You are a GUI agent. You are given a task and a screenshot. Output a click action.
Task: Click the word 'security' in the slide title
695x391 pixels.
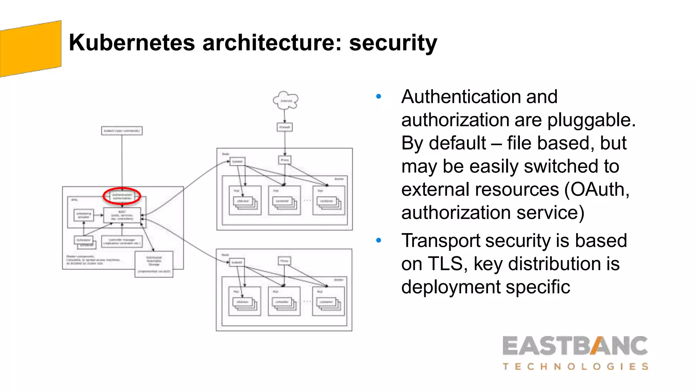[x=393, y=43]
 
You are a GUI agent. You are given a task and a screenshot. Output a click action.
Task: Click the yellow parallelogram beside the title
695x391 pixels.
[x=31, y=49]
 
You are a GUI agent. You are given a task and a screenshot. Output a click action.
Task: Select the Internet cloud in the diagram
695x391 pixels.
[x=286, y=100]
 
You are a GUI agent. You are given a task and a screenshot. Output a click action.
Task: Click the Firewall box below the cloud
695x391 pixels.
[x=285, y=127]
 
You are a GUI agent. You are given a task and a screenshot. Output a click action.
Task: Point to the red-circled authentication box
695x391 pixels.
[x=122, y=196]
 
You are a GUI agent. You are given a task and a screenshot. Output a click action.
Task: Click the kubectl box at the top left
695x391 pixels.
[x=122, y=131]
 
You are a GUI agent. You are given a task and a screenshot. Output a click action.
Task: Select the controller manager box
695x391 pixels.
[x=122, y=241]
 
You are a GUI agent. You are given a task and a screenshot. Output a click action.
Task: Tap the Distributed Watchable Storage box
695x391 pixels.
[x=154, y=264]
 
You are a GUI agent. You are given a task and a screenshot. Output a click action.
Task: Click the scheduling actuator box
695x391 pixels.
[x=83, y=215]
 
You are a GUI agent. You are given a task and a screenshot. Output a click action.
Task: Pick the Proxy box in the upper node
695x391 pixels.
[x=285, y=160]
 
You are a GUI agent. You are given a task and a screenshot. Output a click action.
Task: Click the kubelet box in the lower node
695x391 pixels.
[x=237, y=262]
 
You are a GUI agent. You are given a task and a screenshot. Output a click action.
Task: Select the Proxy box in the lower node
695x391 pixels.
[x=284, y=261]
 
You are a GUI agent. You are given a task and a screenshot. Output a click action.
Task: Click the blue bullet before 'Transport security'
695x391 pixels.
[x=379, y=241]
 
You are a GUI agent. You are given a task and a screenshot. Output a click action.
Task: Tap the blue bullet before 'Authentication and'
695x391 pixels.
[x=379, y=97]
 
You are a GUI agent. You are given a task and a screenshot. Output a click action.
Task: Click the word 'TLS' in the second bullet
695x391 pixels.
[x=445, y=264]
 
